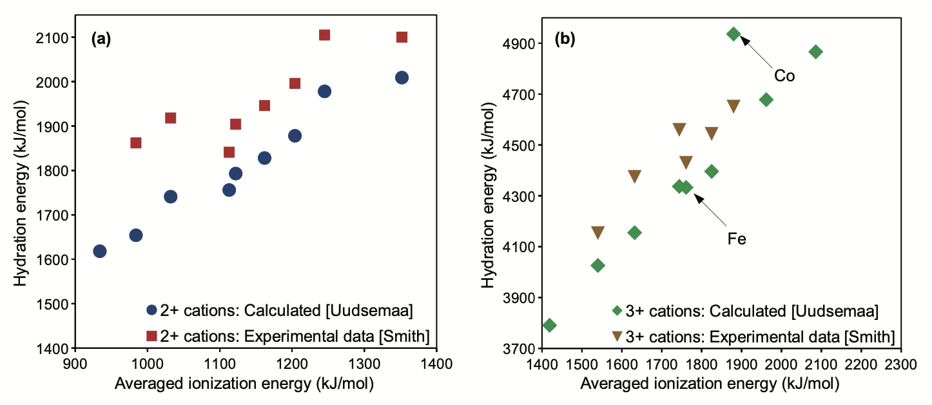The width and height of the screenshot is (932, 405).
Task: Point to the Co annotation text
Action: tap(784, 76)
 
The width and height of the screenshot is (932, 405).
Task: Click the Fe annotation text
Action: tap(737, 239)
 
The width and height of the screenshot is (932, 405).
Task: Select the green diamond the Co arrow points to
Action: tap(733, 34)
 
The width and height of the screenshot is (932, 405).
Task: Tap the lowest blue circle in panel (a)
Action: tap(100, 251)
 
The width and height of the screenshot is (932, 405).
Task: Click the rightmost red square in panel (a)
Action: tap(402, 37)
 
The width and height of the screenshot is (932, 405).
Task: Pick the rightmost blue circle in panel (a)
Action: tap(402, 78)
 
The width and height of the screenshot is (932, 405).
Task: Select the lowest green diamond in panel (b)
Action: tap(550, 325)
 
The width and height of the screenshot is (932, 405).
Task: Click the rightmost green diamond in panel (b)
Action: tap(816, 52)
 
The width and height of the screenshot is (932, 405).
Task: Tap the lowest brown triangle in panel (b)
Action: tap(598, 233)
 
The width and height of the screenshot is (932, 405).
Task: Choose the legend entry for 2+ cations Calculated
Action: tap(279, 310)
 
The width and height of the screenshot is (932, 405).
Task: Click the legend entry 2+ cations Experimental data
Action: tap(287, 335)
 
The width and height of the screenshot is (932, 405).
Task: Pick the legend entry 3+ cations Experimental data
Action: tap(754, 335)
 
